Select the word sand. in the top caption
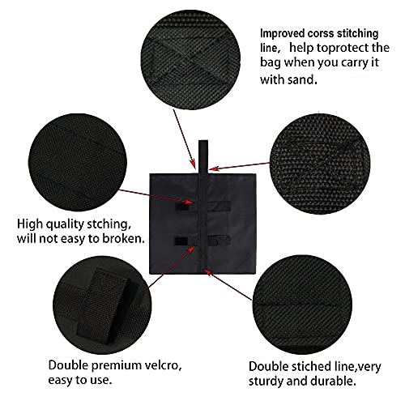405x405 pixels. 302,80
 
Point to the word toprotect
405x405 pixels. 332,50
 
